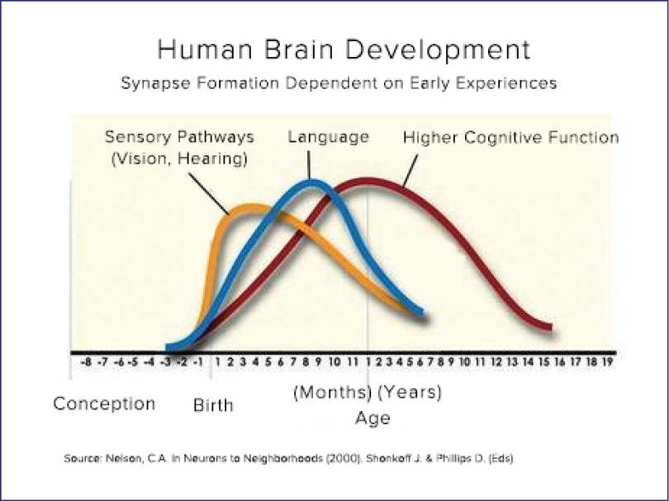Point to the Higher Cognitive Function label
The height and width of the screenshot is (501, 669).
(510, 137)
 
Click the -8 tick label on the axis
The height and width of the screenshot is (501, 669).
(86, 362)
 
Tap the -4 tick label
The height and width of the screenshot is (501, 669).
(149, 362)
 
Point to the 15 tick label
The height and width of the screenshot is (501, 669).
(543, 362)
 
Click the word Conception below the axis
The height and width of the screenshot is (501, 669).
(104, 404)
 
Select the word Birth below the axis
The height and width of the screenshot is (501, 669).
(213, 405)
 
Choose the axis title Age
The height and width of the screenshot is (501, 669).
(372, 418)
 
